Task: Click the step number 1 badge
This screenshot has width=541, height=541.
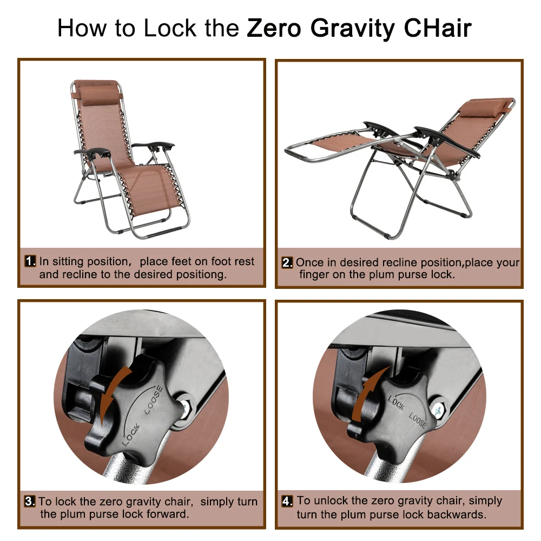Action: pyautogui.click(x=30, y=261)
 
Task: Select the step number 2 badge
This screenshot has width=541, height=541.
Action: pyautogui.click(x=287, y=263)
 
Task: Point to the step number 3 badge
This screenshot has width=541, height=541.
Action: pyautogui.click(x=30, y=501)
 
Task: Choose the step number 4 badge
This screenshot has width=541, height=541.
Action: pyautogui.click(x=287, y=501)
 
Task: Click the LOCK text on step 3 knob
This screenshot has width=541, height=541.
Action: pyautogui.click(x=130, y=433)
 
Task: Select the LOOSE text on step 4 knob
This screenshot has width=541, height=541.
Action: pyautogui.click(x=417, y=420)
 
